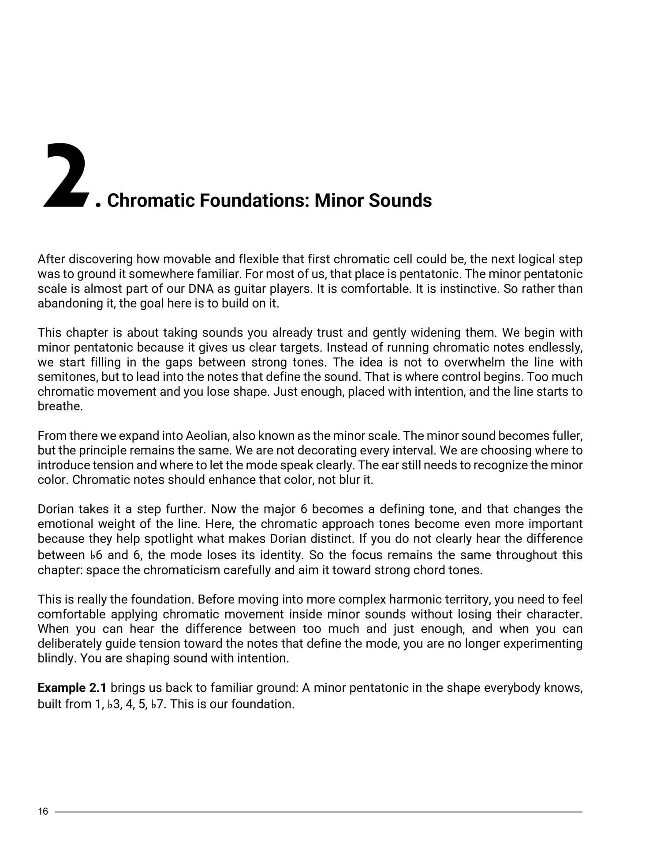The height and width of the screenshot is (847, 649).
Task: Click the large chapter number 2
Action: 66,176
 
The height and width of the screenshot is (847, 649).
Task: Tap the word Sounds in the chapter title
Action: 400,200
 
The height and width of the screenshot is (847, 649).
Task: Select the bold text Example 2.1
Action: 72,688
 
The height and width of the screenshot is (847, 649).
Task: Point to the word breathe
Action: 60,406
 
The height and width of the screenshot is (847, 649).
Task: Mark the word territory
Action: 463,600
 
